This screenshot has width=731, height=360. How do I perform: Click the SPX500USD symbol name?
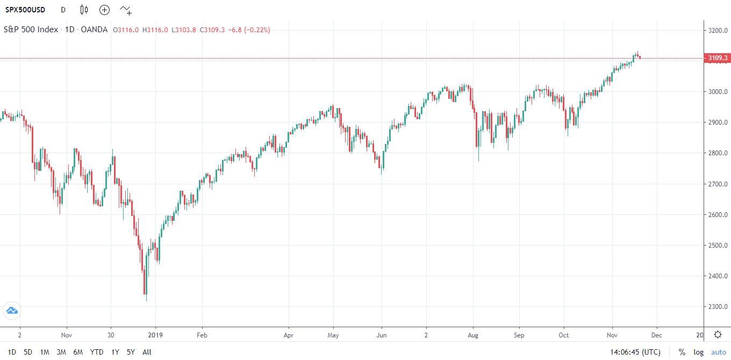click(x=25, y=10)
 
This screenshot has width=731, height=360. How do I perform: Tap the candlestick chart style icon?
click(x=84, y=10)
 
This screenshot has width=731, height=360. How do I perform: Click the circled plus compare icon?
click(x=104, y=10)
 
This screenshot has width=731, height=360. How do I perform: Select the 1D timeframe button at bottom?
click(x=12, y=352)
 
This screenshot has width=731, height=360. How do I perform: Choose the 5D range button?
click(x=28, y=352)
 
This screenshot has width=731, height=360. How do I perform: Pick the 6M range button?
click(x=78, y=352)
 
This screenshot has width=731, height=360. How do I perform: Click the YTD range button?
click(x=97, y=352)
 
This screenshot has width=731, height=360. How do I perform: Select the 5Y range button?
click(x=131, y=352)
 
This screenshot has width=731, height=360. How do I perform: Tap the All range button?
click(x=147, y=352)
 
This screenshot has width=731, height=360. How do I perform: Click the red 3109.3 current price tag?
click(x=718, y=58)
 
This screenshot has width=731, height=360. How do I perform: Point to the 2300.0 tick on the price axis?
click(x=718, y=307)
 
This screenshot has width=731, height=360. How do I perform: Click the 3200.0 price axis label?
click(x=718, y=30)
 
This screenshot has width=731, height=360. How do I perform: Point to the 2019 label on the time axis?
click(x=155, y=334)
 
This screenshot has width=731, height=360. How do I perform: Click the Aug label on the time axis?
click(x=473, y=334)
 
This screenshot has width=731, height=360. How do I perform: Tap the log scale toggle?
click(x=698, y=352)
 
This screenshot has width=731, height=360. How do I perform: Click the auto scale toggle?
click(x=718, y=352)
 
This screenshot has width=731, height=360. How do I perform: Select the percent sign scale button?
click(x=682, y=352)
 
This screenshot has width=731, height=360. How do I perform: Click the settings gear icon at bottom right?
click(x=718, y=334)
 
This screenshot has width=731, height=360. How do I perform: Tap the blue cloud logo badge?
click(x=12, y=310)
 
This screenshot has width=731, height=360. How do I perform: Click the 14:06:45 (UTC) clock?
click(x=635, y=352)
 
